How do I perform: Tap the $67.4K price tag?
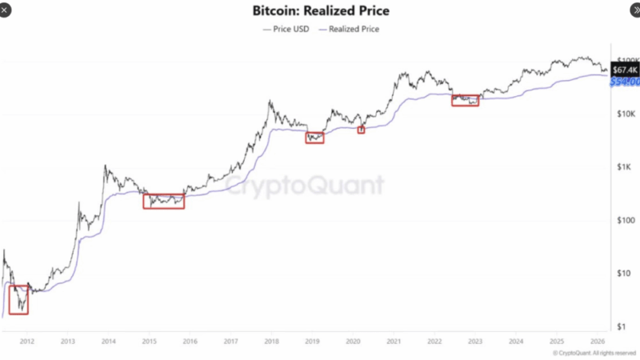click(624, 70)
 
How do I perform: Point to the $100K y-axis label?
click(626, 60)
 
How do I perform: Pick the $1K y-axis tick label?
click(625, 167)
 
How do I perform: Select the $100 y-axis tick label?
click(624, 220)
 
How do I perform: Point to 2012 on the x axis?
click(26, 339)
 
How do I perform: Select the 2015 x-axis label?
click(149, 339)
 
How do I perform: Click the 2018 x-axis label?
click(271, 339)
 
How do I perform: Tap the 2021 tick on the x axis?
click(393, 339)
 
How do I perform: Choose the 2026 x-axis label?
click(597, 339)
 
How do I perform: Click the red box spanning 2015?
click(163, 201)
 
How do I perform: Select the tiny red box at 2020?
click(361, 129)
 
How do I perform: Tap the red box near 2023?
click(465, 100)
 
